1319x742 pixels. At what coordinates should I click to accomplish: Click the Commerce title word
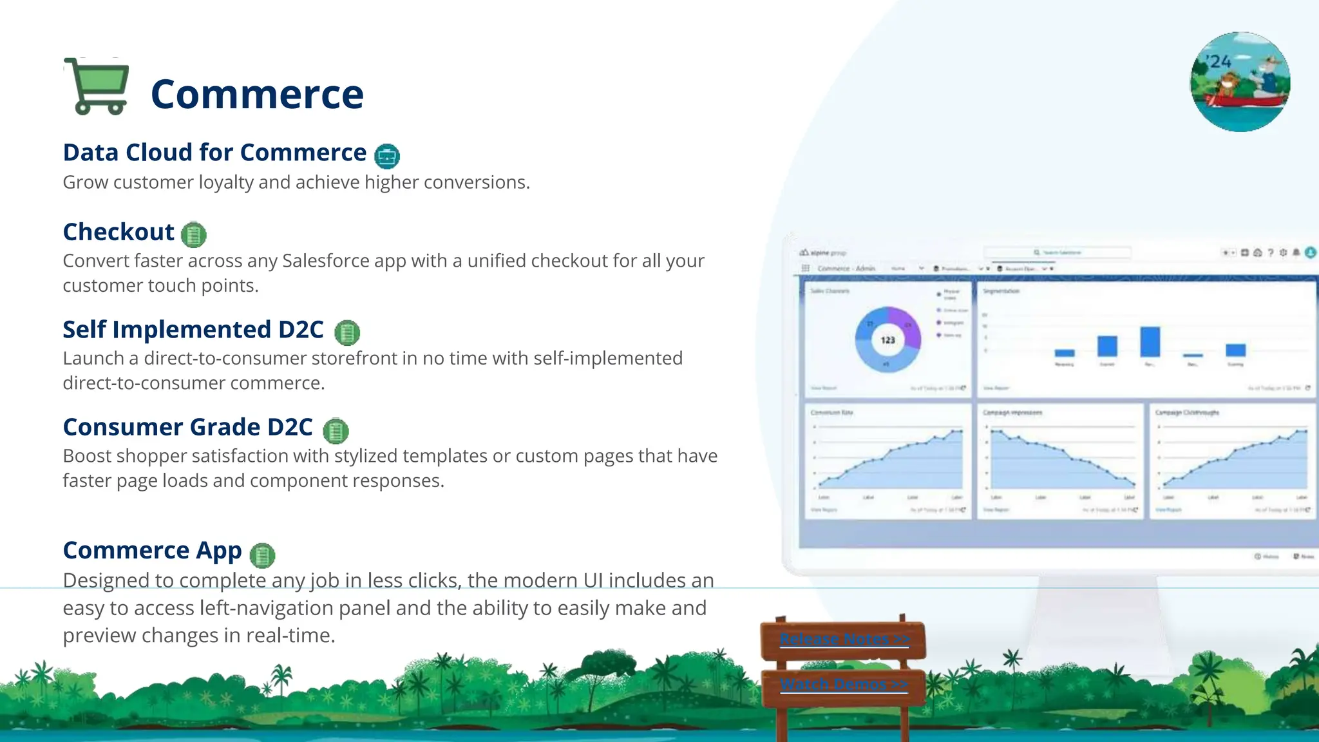click(257, 94)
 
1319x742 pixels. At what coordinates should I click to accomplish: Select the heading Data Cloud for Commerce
click(214, 153)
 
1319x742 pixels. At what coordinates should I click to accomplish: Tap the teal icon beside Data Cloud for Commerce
click(386, 156)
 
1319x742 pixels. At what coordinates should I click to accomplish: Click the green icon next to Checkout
click(194, 234)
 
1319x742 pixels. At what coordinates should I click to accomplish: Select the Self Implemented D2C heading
click(193, 330)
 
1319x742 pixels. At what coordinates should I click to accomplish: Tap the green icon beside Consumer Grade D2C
click(336, 431)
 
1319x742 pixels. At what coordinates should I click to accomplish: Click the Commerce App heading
click(152, 551)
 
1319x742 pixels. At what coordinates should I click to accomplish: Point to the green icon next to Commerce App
click(262, 555)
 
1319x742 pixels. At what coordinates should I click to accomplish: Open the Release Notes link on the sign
click(844, 639)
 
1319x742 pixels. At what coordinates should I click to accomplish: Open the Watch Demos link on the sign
click(844, 684)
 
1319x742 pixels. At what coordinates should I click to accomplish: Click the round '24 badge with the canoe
click(1240, 82)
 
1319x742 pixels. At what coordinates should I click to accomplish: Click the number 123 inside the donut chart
click(887, 340)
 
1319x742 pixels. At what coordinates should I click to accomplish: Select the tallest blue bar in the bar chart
click(1150, 341)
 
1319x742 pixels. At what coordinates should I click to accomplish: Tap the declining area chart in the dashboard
click(1059, 461)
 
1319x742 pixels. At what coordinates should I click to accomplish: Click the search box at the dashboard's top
click(1058, 252)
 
